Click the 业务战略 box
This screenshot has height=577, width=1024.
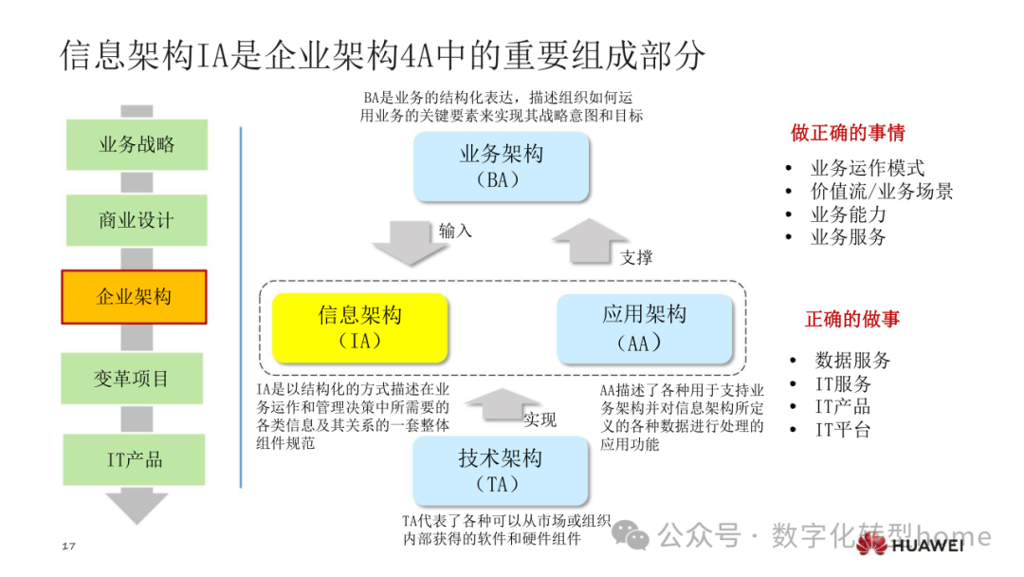137,145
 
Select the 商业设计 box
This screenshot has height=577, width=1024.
137,220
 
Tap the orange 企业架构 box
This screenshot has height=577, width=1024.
135,296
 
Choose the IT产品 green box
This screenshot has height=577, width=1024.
135,460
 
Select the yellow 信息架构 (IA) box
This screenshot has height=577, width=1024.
359,327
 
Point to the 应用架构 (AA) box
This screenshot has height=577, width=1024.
645,327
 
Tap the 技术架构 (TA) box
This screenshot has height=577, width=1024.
502,471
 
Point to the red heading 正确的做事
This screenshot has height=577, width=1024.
852,320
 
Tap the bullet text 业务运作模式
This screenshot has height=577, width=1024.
867,168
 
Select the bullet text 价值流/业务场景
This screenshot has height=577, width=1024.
881,191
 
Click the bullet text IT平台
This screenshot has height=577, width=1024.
842,430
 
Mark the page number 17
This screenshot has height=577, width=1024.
67,547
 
